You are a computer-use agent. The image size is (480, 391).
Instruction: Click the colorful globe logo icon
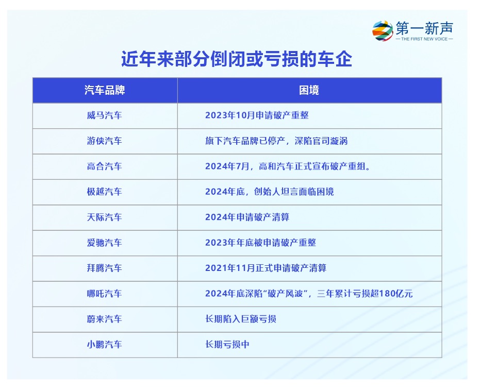point(383,30)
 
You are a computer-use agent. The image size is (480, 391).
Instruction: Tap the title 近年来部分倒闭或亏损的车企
point(237,59)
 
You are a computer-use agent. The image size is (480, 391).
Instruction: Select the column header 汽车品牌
point(105,90)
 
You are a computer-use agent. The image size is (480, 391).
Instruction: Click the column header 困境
point(309,90)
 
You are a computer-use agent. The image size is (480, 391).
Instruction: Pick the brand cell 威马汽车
point(104,115)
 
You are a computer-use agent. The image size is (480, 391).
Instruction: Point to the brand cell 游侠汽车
point(104,141)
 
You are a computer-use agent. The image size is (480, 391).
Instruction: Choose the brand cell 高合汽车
point(104,166)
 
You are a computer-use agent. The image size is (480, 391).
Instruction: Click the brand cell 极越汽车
point(104,192)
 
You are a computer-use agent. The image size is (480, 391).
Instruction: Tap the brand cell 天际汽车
point(104,217)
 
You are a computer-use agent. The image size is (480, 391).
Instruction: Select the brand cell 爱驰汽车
point(104,243)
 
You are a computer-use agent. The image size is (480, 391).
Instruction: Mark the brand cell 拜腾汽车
point(104,268)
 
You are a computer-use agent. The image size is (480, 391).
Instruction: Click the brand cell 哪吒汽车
point(104,294)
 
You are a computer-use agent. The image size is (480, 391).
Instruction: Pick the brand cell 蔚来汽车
point(104,319)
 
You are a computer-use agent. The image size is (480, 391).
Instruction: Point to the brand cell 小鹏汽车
point(104,345)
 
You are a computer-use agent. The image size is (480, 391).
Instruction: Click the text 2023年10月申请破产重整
point(257,115)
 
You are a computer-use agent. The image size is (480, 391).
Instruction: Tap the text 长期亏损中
point(227,345)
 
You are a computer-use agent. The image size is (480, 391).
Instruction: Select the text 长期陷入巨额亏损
point(241,319)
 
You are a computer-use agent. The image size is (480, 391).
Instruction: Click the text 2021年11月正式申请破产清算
point(266,268)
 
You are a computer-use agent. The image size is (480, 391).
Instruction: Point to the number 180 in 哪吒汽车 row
point(387,294)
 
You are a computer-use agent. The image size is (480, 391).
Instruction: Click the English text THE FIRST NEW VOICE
point(424,39)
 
